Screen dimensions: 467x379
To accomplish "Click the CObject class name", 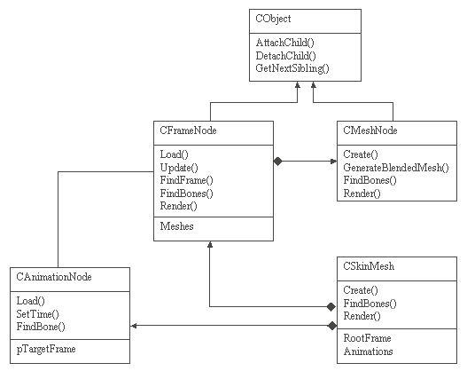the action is (273, 19).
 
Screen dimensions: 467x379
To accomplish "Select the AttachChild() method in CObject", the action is (284, 43).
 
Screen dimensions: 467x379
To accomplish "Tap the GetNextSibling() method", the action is (292, 68).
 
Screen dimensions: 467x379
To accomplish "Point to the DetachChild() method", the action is (285, 56).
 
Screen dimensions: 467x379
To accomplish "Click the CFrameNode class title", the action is (188, 130).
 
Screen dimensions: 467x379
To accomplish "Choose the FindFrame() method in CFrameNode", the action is (186, 180).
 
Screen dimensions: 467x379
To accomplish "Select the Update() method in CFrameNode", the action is (179, 168).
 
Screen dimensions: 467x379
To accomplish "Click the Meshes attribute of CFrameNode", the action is (176, 226).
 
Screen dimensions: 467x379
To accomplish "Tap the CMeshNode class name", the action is (370, 130).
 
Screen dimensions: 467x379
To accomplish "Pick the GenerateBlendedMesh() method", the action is (396, 168).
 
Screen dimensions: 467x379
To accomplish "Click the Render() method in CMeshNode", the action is (362, 193).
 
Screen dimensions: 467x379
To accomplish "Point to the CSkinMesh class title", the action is (369, 266).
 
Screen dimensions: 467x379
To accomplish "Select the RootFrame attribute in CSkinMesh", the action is (367, 338).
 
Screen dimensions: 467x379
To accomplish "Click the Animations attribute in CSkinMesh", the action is (368, 351).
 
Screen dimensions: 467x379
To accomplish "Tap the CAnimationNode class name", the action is (54, 277).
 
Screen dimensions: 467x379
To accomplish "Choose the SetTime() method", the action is (37, 314).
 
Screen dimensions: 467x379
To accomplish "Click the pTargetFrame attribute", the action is (46, 349).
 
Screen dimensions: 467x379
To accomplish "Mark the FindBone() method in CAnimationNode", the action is (41, 327).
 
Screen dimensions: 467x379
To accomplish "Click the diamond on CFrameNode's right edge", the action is (277, 162).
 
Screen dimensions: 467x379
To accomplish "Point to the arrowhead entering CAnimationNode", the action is (134, 326).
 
